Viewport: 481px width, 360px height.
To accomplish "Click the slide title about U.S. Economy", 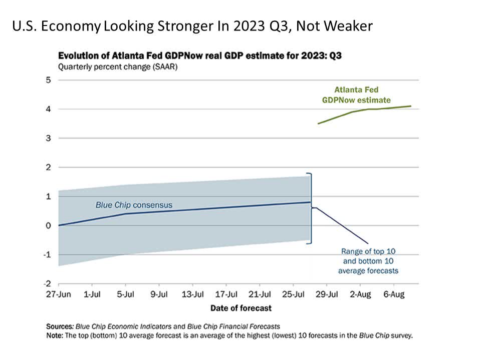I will click(192, 26).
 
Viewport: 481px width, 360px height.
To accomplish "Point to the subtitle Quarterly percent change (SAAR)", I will click(118, 66).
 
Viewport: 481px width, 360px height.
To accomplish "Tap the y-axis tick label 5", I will click(48, 80).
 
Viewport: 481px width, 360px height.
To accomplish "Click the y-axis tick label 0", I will click(48, 225).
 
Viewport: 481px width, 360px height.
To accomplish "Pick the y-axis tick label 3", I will click(48, 138).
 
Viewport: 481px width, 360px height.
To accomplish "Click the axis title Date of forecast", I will click(241, 307).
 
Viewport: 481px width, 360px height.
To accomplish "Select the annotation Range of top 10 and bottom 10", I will click(368, 260).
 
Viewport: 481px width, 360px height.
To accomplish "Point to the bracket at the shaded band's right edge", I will click(311, 208).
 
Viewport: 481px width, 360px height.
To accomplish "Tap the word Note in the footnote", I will click(56, 335).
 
